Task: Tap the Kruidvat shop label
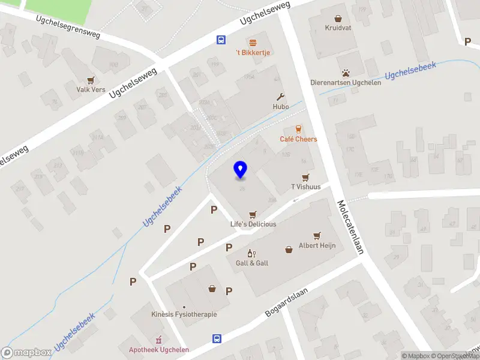pos(338,28)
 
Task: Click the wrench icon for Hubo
pos(280,97)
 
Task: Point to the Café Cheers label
pos(298,139)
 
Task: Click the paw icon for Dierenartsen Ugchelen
pos(346,73)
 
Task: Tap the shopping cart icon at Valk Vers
pos(91,80)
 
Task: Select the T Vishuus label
pos(305,187)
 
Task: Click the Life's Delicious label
pos(253,224)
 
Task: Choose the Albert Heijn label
pos(317,245)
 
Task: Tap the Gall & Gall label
pos(252,263)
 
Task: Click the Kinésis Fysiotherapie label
pos(184,314)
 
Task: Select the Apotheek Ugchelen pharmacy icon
pos(159,340)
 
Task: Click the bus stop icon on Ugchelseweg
pos(221,40)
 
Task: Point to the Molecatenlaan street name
pos(351,227)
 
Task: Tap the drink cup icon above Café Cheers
pos(298,129)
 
